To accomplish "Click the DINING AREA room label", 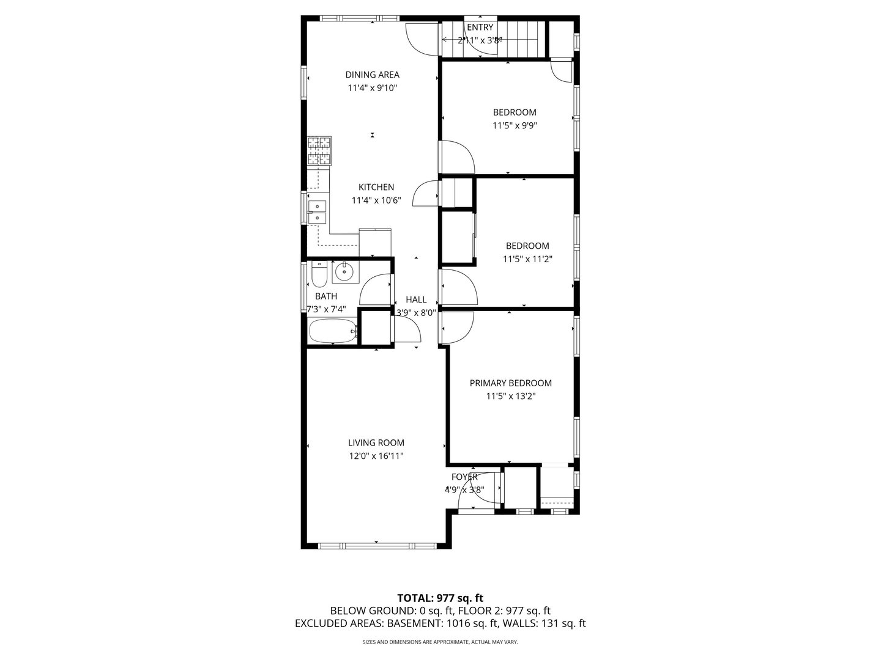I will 372,75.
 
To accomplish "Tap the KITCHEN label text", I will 376,188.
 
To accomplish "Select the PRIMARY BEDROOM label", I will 510,383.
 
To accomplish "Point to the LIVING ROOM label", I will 376,443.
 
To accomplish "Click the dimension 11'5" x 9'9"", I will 515,125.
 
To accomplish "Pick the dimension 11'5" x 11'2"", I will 527,259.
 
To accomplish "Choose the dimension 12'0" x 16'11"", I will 376,456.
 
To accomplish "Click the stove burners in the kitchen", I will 319,152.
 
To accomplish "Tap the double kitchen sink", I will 318,211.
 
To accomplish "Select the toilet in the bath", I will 319,275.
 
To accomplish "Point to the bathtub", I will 333,332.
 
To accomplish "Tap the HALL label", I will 416,299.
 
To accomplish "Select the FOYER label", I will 464,477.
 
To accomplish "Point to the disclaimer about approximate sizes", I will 440,642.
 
